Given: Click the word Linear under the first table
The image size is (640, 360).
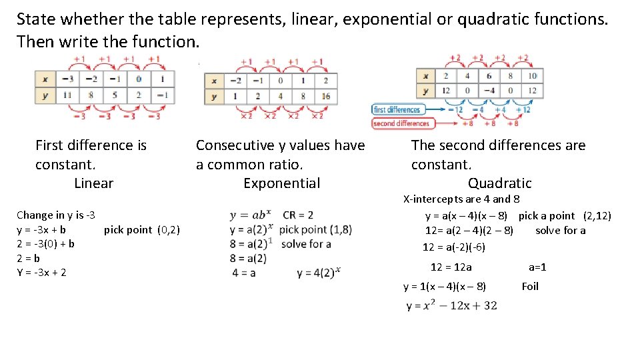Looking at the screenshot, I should click(93, 183).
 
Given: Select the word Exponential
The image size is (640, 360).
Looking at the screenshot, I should click(281, 183).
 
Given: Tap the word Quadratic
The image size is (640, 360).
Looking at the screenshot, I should click(499, 183).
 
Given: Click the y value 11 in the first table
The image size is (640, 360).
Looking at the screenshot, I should click(67, 95).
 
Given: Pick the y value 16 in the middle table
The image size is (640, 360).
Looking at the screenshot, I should click(325, 97).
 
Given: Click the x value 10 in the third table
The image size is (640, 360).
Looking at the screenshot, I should click(532, 75).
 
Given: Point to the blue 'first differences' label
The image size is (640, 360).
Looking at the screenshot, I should click(397, 110).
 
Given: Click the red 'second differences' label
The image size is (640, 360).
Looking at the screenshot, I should click(401, 123).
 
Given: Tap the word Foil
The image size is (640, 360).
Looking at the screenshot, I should click(530, 287).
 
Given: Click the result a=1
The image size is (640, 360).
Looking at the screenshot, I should click(537, 267).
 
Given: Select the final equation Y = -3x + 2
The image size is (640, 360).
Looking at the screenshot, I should click(41, 273).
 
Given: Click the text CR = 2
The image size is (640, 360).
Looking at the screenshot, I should click(298, 215).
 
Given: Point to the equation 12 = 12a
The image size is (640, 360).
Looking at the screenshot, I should click(451, 267).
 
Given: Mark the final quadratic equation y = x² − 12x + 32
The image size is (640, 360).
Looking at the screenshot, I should click(451, 306).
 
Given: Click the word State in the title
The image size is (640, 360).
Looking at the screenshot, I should click(37, 19).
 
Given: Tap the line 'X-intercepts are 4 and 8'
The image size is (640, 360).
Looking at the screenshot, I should click(461, 199).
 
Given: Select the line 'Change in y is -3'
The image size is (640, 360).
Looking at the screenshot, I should click(55, 215).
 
